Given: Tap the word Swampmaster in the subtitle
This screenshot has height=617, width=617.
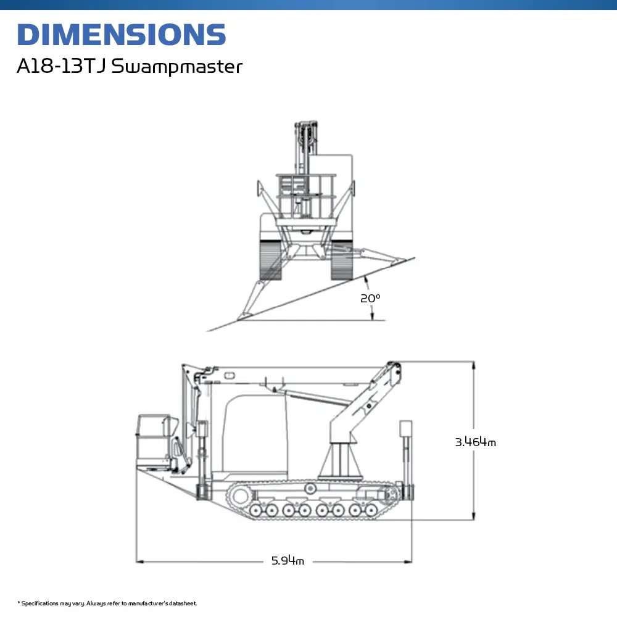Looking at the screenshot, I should [x=176, y=67].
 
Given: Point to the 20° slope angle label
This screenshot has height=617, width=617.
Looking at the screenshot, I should [x=370, y=298].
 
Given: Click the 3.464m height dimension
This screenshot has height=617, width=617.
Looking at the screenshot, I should [x=475, y=442].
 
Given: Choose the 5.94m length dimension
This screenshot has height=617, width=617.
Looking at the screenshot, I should [x=288, y=561].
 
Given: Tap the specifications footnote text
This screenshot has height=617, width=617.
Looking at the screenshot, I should [x=107, y=603].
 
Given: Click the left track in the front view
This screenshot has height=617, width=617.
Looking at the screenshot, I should [x=270, y=259].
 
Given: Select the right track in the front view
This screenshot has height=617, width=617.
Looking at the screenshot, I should [x=341, y=260].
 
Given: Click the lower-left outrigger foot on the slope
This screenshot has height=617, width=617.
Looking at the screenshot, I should [x=245, y=316].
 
